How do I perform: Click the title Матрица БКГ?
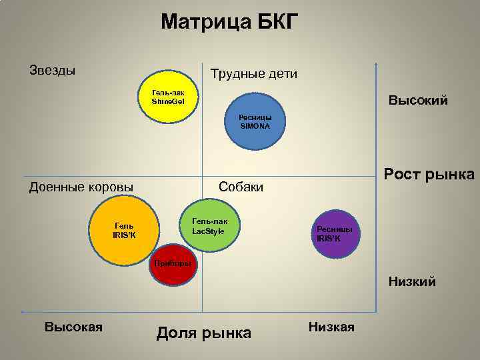tap(230, 22)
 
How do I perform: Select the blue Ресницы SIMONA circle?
tap(255, 121)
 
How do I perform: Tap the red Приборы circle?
tap(172, 263)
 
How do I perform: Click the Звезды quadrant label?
tap(52, 69)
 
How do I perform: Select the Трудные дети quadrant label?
tap(253, 73)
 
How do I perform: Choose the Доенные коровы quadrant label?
tap(81, 187)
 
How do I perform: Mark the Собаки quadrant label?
tap(241, 187)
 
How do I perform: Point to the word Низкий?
tap(412, 282)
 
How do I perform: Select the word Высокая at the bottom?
tap(73, 327)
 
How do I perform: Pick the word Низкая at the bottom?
tap(332, 327)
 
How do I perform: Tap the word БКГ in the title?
tap(274, 22)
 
